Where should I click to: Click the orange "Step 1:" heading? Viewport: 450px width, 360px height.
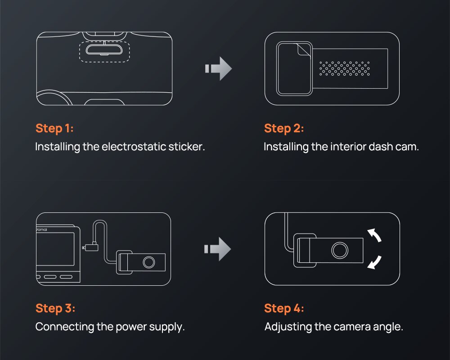[x=54, y=128]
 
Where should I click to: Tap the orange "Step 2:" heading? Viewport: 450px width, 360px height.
[x=284, y=128]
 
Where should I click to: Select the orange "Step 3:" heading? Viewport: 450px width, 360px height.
[x=55, y=308]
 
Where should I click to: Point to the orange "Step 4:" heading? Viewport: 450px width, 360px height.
[x=284, y=308]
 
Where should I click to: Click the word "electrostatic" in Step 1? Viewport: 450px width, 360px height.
[x=135, y=147]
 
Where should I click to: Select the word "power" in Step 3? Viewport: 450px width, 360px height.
[x=126, y=327]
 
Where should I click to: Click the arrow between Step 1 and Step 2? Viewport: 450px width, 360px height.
[x=219, y=69]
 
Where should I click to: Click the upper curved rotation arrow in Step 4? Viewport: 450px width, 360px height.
[x=374, y=235]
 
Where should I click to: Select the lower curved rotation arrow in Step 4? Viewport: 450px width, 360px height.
[x=374, y=262]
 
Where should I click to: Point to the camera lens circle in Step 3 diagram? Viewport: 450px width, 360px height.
[x=148, y=261]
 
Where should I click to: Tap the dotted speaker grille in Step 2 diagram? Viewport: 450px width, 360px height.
[x=344, y=68]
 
